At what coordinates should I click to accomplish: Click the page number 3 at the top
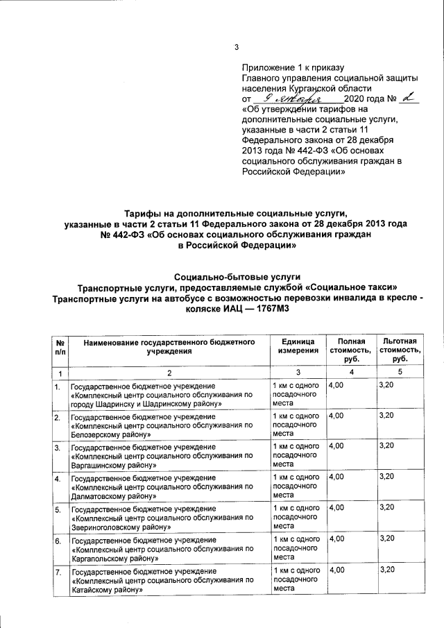point(236,47)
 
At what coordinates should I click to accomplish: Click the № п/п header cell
point(60,346)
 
